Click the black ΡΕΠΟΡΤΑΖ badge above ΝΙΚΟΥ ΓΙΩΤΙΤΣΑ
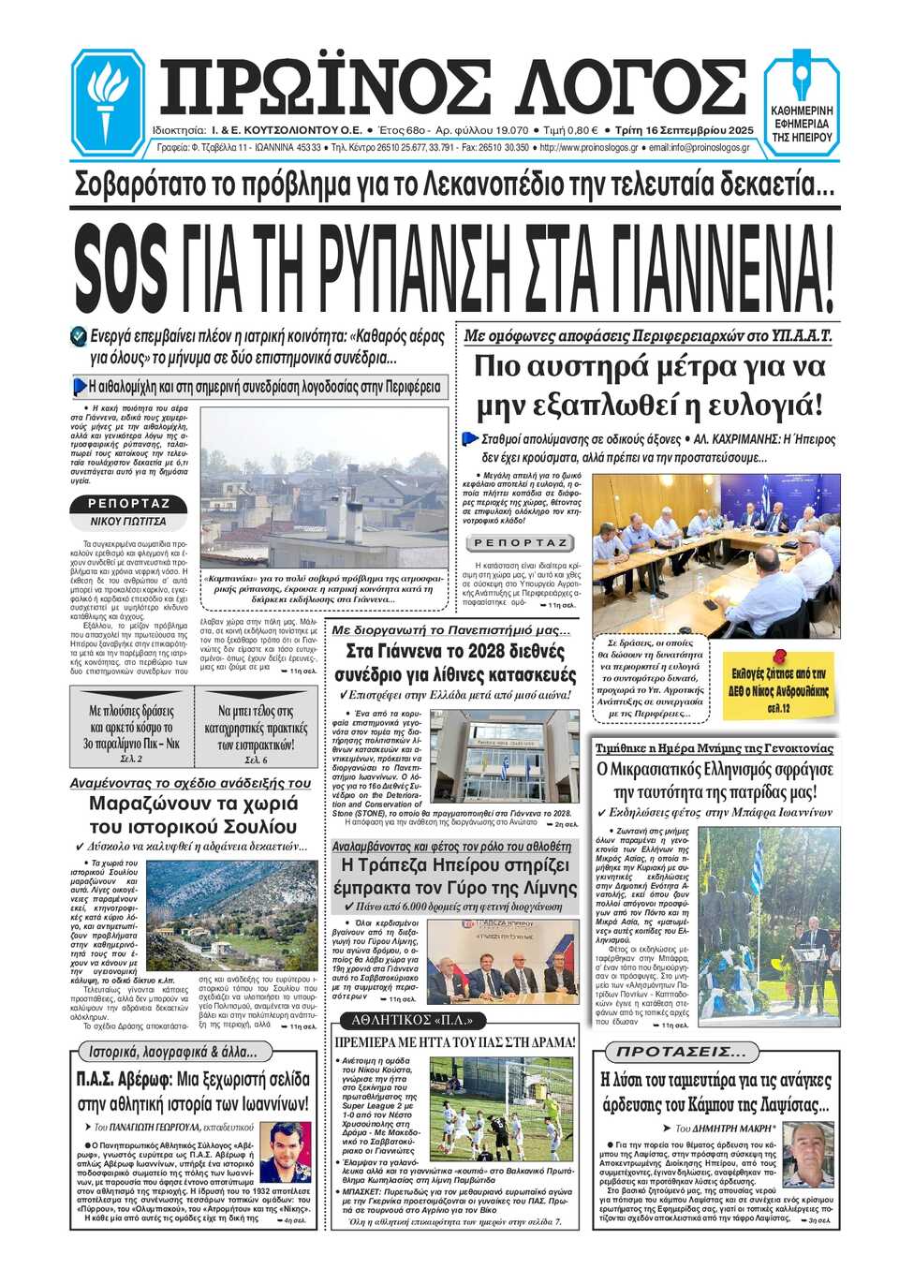click(128, 504)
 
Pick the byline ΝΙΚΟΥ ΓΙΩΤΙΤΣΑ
click(128, 521)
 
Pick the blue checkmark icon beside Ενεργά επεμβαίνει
click(79, 335)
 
